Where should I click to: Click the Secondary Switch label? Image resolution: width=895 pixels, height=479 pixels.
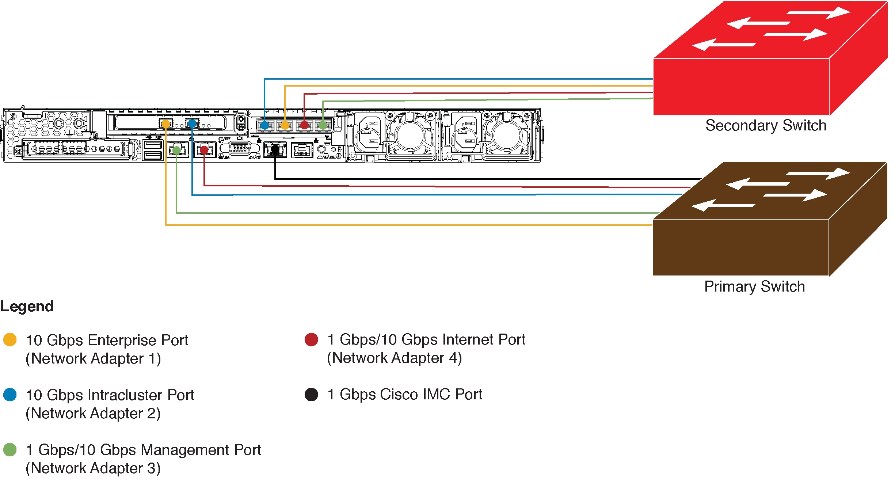[766, 125]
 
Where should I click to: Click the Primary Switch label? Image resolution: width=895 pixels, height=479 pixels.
[754, 286]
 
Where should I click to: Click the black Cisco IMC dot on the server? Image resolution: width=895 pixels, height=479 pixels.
[275, 149]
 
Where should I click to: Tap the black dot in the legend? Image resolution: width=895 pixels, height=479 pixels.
[311, 394]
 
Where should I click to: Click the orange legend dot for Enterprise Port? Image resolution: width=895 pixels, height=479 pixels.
[10, 339]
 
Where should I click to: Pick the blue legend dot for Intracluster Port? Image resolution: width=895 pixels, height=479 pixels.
[10, 395]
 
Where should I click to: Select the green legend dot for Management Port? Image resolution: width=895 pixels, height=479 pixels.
[10, 449]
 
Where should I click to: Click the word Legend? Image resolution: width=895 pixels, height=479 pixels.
[27, 306]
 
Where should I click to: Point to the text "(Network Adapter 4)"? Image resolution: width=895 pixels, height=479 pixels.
[394, 358]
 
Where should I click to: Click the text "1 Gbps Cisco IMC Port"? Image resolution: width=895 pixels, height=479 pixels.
[405, 394]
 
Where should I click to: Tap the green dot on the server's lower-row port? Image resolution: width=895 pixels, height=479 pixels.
[177, 150]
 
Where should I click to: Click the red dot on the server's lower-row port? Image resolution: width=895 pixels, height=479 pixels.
[204, 149]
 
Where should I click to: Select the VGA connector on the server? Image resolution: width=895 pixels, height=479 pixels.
[240, 148]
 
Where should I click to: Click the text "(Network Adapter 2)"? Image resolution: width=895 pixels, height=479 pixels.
[93, 413]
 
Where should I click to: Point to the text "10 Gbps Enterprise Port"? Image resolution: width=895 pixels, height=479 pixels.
[107, 340]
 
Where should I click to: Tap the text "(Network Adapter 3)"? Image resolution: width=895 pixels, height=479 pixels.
[93, 468]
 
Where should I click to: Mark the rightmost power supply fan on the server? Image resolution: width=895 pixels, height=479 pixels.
[507, 136]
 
